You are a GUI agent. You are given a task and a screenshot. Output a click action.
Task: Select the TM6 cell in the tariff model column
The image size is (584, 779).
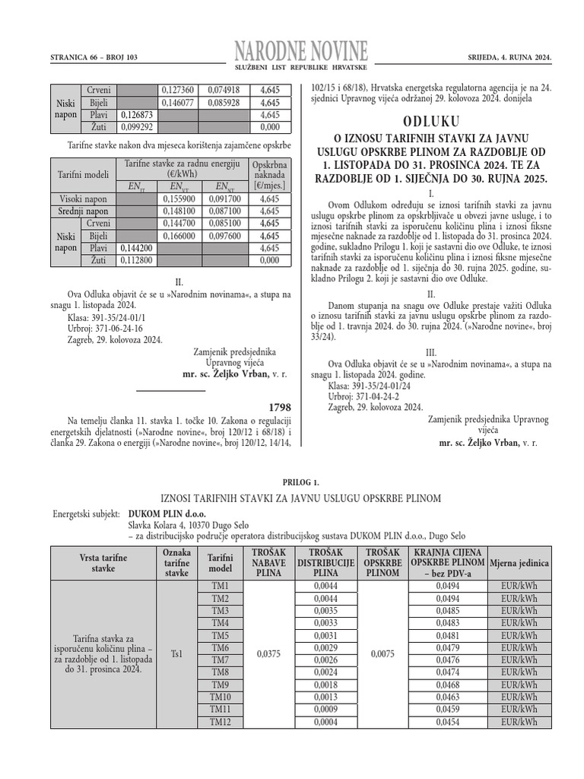(x=220, y=647)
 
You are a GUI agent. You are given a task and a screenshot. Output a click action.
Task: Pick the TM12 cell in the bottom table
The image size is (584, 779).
(x=220, y=721)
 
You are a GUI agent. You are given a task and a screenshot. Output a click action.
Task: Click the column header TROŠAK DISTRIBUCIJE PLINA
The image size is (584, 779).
(x=325, y=562)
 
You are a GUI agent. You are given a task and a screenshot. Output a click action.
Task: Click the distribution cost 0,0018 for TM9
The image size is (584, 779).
(x=325, y=685)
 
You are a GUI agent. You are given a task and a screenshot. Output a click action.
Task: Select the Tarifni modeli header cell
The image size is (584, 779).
(x=83, y=175)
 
